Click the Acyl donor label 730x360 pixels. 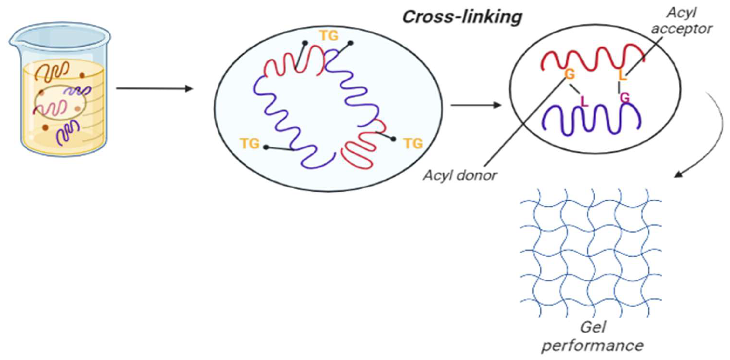click(x=460, y=176)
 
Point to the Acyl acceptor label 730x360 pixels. click(x=682, y=21)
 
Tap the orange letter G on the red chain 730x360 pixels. click(x=569, y=74)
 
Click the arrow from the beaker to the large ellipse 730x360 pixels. click(x=154, y=89)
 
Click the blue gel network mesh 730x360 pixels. click(x=591, y=252)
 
